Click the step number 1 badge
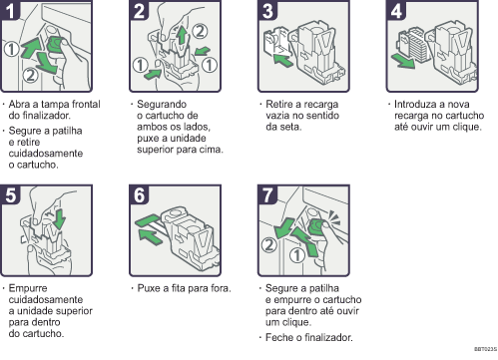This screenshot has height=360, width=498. [x=9, y=10]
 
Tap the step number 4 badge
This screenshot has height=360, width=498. [x=396, y=10]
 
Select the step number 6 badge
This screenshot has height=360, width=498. [x=139, y=194]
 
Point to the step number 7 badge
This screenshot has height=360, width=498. [x=267, y=194]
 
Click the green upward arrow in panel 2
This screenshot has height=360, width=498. [x=182, y=35]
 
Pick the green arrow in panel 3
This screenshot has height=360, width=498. [x=282, y=60]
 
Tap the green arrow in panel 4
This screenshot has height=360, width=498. [x=403, y=61]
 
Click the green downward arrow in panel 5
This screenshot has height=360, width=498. [x=60, y=218]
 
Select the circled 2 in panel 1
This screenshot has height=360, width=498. [x=30, y=75]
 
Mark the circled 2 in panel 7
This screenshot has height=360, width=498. [x=268, y=245]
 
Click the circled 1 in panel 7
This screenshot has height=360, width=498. [x=296, y=255]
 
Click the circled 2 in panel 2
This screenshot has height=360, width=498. [x=200, y=31]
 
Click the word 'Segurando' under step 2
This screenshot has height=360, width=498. [x=162, y=104]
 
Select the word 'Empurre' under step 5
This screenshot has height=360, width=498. [x=28, y=288]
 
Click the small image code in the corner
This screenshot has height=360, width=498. [x=485, y=349]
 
